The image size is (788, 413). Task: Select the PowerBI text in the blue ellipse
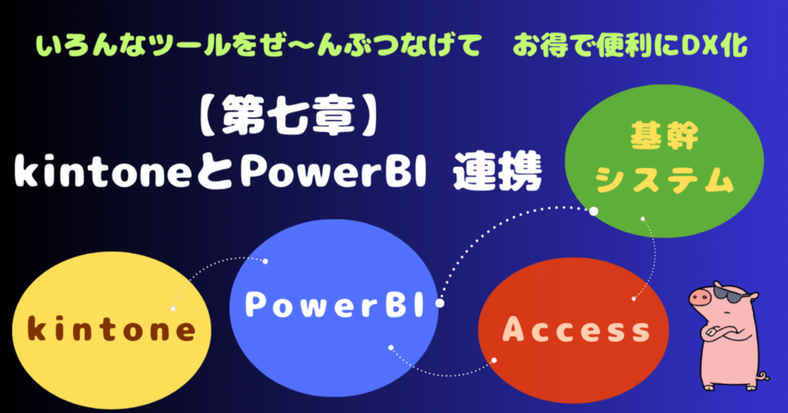click(x=335, y=305)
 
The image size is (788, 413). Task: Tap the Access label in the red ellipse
click(x=576, y=330)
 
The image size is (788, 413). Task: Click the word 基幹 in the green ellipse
click(x=664, y=137)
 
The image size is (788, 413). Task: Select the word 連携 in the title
click(x=497, y=174)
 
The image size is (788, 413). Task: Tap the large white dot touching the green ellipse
click(x=593, y=211)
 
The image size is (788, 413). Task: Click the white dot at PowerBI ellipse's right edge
click(x=440, y=303)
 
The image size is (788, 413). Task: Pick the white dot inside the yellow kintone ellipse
click(x=174, y=308)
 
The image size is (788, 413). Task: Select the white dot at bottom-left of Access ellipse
click(x=494, y=360)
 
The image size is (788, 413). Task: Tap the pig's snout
click(x=699, y=297)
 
